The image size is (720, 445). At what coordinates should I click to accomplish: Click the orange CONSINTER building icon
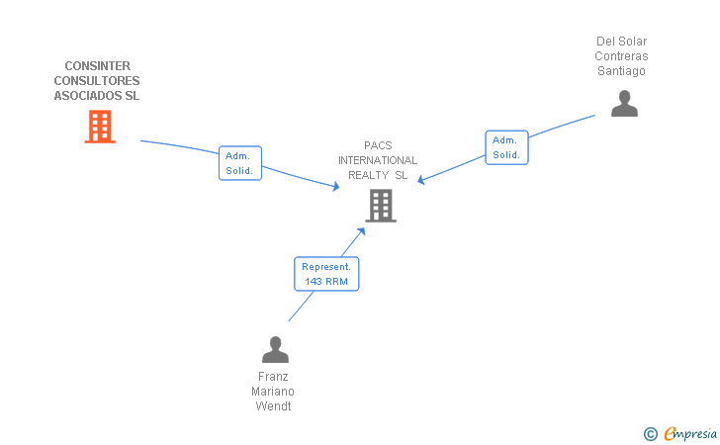[99, 127]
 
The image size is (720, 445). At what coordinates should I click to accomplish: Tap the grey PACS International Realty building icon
[381, 206]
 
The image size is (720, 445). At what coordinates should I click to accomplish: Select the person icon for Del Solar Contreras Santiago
[624, 104]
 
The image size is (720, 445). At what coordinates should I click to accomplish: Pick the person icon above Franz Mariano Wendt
[275, 349]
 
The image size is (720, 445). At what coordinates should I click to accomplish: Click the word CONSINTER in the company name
[97, 66]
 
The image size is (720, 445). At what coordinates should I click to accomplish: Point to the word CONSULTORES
[97, 81]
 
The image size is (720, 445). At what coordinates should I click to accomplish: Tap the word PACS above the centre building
[378, 145]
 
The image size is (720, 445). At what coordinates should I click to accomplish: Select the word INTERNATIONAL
[378, 160]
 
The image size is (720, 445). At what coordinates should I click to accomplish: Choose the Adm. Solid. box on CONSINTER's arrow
[239, 163]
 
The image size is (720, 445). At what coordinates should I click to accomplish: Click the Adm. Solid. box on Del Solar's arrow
[506, 147]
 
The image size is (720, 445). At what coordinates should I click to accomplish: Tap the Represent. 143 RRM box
[326, 274]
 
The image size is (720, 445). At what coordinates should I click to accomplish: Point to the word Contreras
[621, 56]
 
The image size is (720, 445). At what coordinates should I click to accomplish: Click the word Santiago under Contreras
[621, 71]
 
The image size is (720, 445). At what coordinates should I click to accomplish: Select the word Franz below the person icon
[274, 377]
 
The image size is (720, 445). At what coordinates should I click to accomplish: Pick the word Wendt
[274, 406]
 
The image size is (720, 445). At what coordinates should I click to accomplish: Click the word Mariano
[274, 392]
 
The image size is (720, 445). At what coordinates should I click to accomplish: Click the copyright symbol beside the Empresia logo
[651, 433]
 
